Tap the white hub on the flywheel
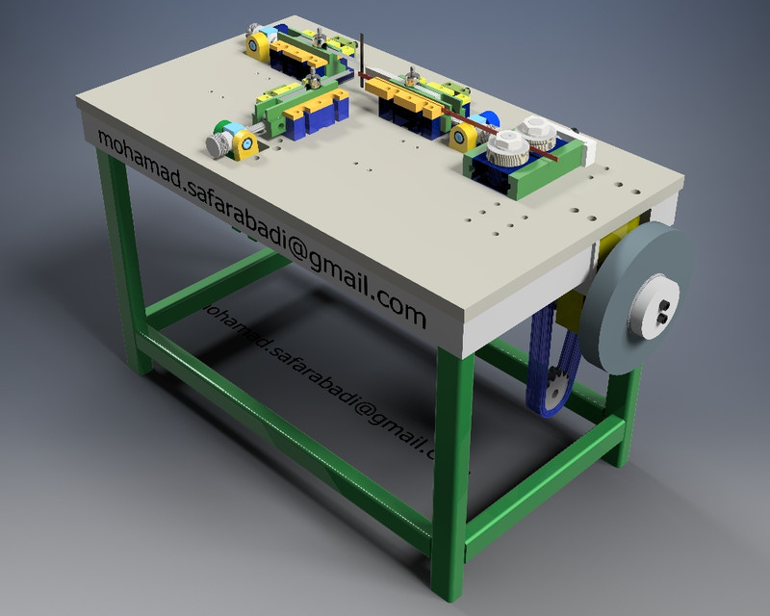[657, 307]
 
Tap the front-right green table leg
[450, 462]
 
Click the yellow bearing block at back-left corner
[257, 46]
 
